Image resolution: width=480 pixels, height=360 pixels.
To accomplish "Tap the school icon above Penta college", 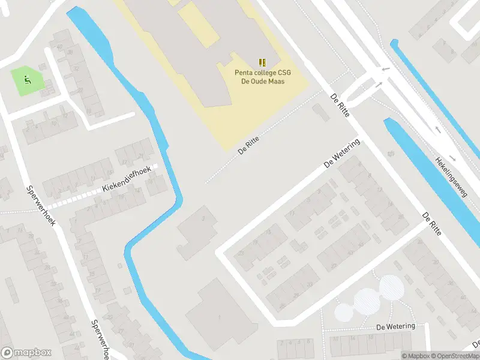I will click(262, 62).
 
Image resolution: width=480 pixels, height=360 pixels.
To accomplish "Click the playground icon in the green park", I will click(26, 79).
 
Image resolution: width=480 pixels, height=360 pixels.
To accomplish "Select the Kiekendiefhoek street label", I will click(126, 180).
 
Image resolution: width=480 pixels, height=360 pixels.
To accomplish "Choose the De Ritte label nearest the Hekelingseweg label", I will click(433, 223).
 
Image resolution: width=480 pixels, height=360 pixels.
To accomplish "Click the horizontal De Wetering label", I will click(395, 326).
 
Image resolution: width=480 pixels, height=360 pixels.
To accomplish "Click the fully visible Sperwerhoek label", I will click(41, 205).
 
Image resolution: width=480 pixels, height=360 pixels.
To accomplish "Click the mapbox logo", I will click(26, 353).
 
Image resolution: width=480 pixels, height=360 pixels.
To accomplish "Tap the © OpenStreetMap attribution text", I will click(457, 356).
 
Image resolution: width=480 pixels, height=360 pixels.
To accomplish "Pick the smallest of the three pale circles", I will click(344, 312).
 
